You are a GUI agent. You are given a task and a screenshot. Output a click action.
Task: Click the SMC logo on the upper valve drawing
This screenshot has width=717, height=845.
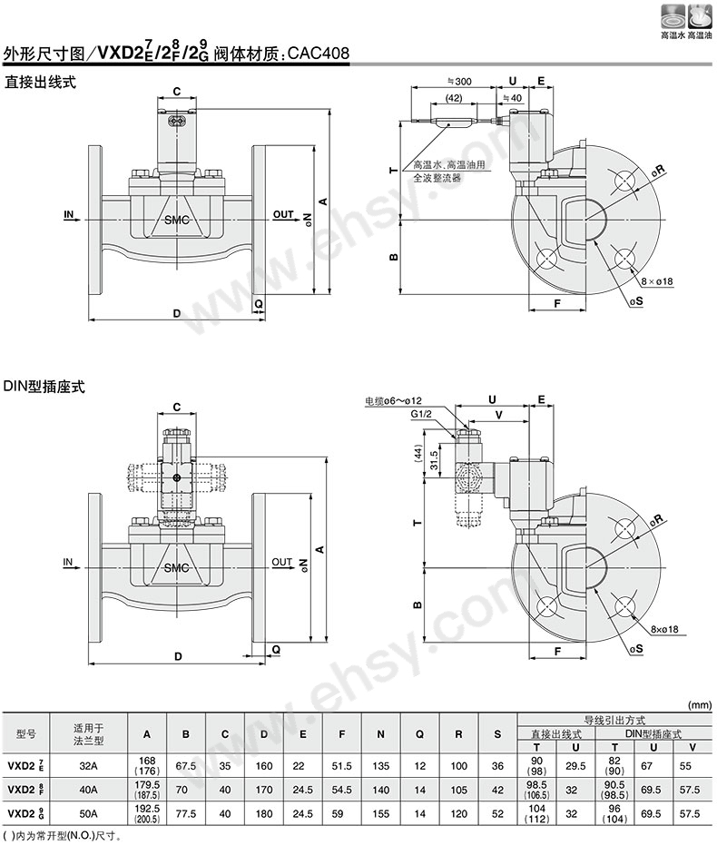point(177,221)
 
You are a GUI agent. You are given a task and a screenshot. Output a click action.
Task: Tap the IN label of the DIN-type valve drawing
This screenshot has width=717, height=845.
point(68,563)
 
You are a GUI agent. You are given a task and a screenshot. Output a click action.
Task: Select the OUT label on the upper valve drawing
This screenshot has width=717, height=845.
point(283,214)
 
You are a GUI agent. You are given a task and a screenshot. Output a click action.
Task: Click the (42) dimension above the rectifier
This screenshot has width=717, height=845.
point(455,97)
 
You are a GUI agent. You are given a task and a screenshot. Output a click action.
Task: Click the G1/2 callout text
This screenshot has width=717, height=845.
point(422,414)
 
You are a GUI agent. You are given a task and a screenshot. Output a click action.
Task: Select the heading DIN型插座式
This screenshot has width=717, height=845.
point(44,386)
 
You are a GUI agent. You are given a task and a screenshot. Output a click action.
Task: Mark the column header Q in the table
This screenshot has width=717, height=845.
point(419,733)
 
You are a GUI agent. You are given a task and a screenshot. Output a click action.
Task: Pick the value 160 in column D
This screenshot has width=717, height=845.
point(264,766)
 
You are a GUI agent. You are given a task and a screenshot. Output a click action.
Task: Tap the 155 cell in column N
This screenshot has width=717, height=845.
point(381,814)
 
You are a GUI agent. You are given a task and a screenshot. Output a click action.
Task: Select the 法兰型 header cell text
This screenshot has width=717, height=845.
point(88,740)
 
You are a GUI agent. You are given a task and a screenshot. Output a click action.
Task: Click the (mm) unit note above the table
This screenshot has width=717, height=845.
point(699,704)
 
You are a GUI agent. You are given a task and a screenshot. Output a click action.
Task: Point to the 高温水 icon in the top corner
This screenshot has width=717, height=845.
point(673,23)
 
